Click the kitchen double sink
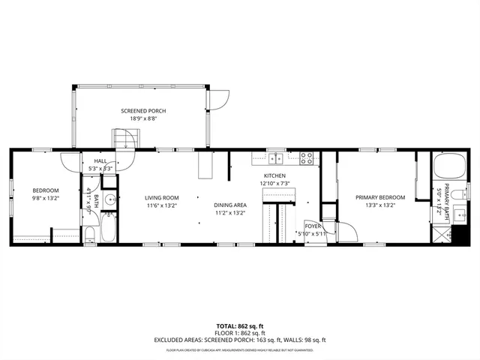pyautogui.click(x=276, y=157)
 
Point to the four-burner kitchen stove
pyautogui.click(x=307, y=157)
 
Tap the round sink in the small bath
pyautogui.click(x=109, y=199)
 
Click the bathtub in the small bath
pyautogui.click(x=108, y=227)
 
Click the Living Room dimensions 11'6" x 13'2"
pyautogui.click(x=161, y=205)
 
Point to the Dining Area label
pyautogui.click(x=230, y=205)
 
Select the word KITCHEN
pyautogui.click(x=274, y=176)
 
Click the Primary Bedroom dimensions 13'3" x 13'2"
pyautogui.click(x=380, y=205)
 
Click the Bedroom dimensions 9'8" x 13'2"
pyautogui.click(x=44, y=199)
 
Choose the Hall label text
pyautogui.click(x=100, y=161)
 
